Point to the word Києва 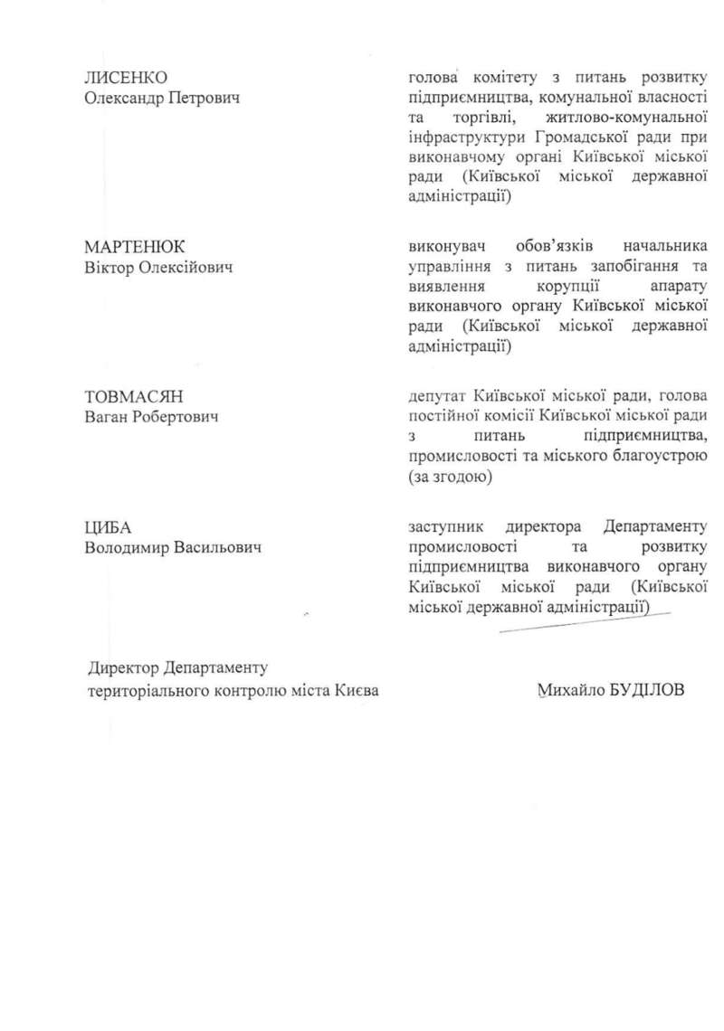pyautogui.click(x=356, y=690)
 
